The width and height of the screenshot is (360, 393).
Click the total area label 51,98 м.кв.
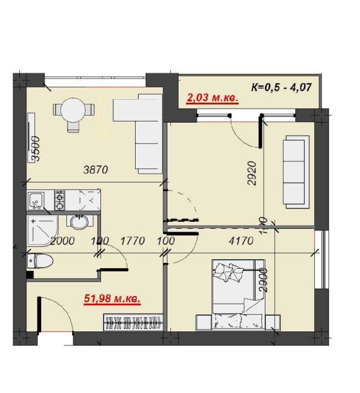point(112,299)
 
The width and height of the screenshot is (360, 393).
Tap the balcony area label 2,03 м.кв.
point(212,97)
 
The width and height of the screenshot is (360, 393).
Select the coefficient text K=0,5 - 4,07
point(281,87)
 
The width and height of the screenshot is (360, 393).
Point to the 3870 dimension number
point(96,170)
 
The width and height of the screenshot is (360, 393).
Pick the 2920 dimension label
point(252,173)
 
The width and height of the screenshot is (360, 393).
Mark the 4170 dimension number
point(241,241)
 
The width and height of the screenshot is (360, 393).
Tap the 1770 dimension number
point(133,241)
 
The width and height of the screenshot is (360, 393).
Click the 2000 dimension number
point(62,241)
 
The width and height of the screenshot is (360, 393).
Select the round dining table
point(73,110)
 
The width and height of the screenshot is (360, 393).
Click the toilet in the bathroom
point(40,260)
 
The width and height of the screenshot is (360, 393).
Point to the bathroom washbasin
point(79,222)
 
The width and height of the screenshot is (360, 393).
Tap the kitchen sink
point(36,201)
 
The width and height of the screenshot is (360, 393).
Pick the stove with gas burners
point(60,200)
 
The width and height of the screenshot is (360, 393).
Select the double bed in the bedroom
point(238,294)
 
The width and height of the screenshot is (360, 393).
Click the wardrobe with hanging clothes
point(133,322)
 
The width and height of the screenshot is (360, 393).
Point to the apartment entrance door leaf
point(39,316)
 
